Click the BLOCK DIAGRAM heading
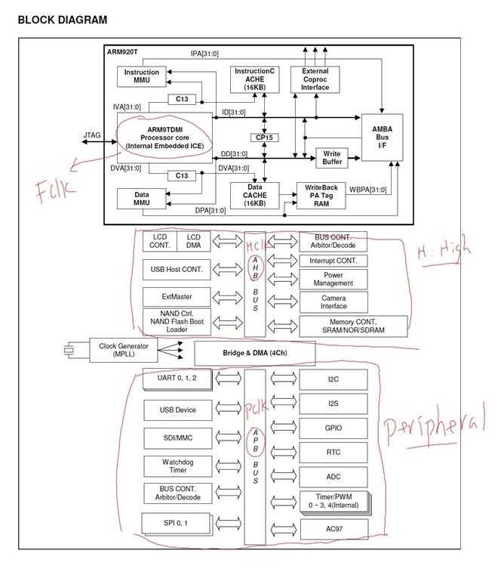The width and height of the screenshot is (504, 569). (62, 20)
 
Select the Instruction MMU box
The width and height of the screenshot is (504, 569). (141, 76)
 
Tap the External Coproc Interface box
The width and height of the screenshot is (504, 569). (315, 79)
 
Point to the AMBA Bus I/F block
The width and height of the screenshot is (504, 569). (382, 138)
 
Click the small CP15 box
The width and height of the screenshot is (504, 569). (264, 138)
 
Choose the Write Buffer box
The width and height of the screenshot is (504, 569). (332, 157)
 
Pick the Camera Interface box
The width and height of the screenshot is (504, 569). (333, 302)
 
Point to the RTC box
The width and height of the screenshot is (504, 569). (333, 453)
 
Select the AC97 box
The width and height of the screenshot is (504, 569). (333, 528)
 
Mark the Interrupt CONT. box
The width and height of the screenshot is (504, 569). (333, 261)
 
